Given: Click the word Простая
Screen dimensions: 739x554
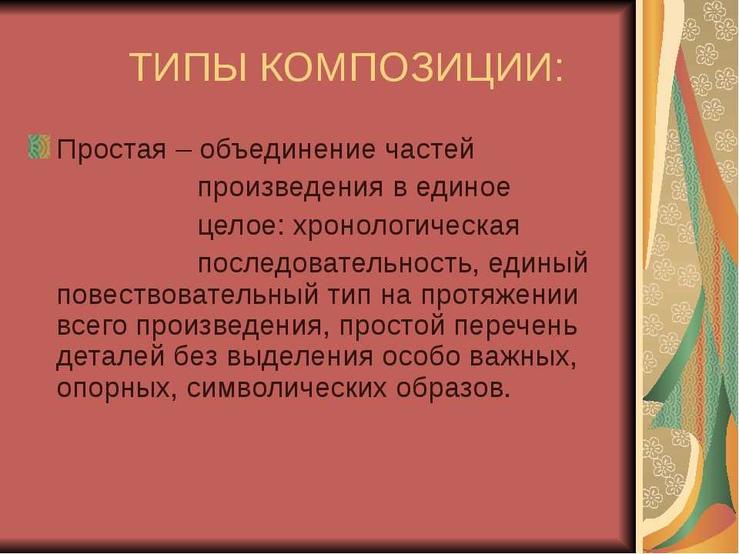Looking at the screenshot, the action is (x=112, y=150).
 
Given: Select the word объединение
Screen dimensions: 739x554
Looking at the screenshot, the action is (x=288, y=149).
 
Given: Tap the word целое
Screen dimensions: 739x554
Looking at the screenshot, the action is (x=238, y=226).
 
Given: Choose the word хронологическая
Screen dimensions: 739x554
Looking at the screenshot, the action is (x=406, y=227).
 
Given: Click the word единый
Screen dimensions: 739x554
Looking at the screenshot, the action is (x=538, y=263).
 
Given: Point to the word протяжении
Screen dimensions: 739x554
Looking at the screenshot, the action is (x=500, y=296).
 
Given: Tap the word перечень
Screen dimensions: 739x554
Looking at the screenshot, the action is (x=516, y=326).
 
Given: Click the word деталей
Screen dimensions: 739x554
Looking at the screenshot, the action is (x=111, y=357).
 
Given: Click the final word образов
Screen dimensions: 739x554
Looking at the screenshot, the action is (x=453, y=388).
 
